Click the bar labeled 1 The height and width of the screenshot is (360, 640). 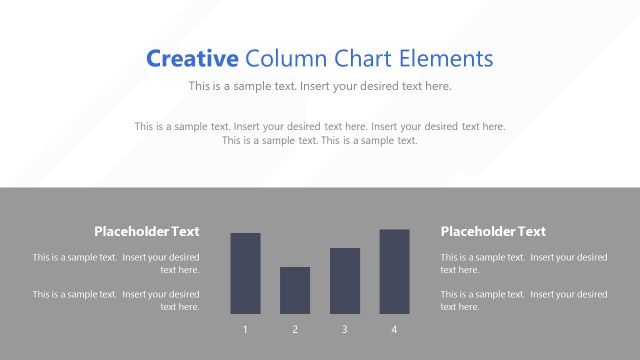[245, 273]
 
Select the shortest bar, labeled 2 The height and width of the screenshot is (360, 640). [295, 290]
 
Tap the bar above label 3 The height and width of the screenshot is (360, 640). [344, 280]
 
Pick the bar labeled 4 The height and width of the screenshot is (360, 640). [394, 271]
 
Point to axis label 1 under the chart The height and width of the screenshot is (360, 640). [245, 330]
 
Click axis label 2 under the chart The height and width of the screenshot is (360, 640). [295, 330]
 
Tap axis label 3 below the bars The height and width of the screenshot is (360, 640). [344, 330]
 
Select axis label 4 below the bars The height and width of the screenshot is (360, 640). [394, 330]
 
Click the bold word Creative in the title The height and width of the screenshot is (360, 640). [192, 58]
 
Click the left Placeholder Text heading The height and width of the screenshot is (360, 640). [146, 231]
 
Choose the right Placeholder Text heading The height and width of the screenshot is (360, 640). [493, 231]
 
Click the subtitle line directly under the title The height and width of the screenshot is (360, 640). [320, 86]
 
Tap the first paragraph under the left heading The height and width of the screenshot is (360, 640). [116, 263]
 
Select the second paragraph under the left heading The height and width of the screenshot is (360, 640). [116, 300]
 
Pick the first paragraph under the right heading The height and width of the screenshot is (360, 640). [523, 263]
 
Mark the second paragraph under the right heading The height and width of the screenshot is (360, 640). [523, 300]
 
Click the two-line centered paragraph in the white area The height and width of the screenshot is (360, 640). [320, 133]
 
